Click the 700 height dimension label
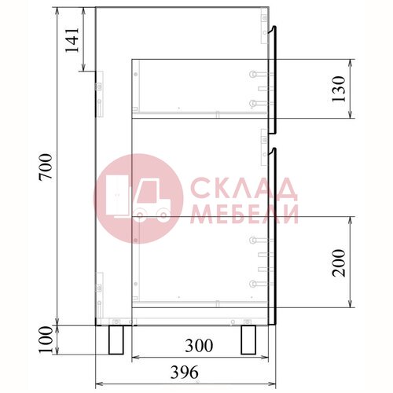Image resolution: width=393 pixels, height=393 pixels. pos(46,167)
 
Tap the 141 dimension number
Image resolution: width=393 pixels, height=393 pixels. pos(72,40)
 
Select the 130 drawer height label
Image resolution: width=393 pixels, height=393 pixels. pos(339,89)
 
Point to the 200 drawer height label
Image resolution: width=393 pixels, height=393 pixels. pos(339,263)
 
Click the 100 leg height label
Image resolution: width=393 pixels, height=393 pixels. pos(46,340)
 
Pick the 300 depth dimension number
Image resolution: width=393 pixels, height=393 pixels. pos(199,346)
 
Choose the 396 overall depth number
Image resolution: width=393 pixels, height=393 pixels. pos(185,372)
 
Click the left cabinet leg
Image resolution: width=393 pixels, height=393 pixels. pos(116,340)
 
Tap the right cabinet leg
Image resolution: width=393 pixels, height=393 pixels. pos(248,340)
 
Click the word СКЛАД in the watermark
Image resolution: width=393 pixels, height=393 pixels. pos(244,188)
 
